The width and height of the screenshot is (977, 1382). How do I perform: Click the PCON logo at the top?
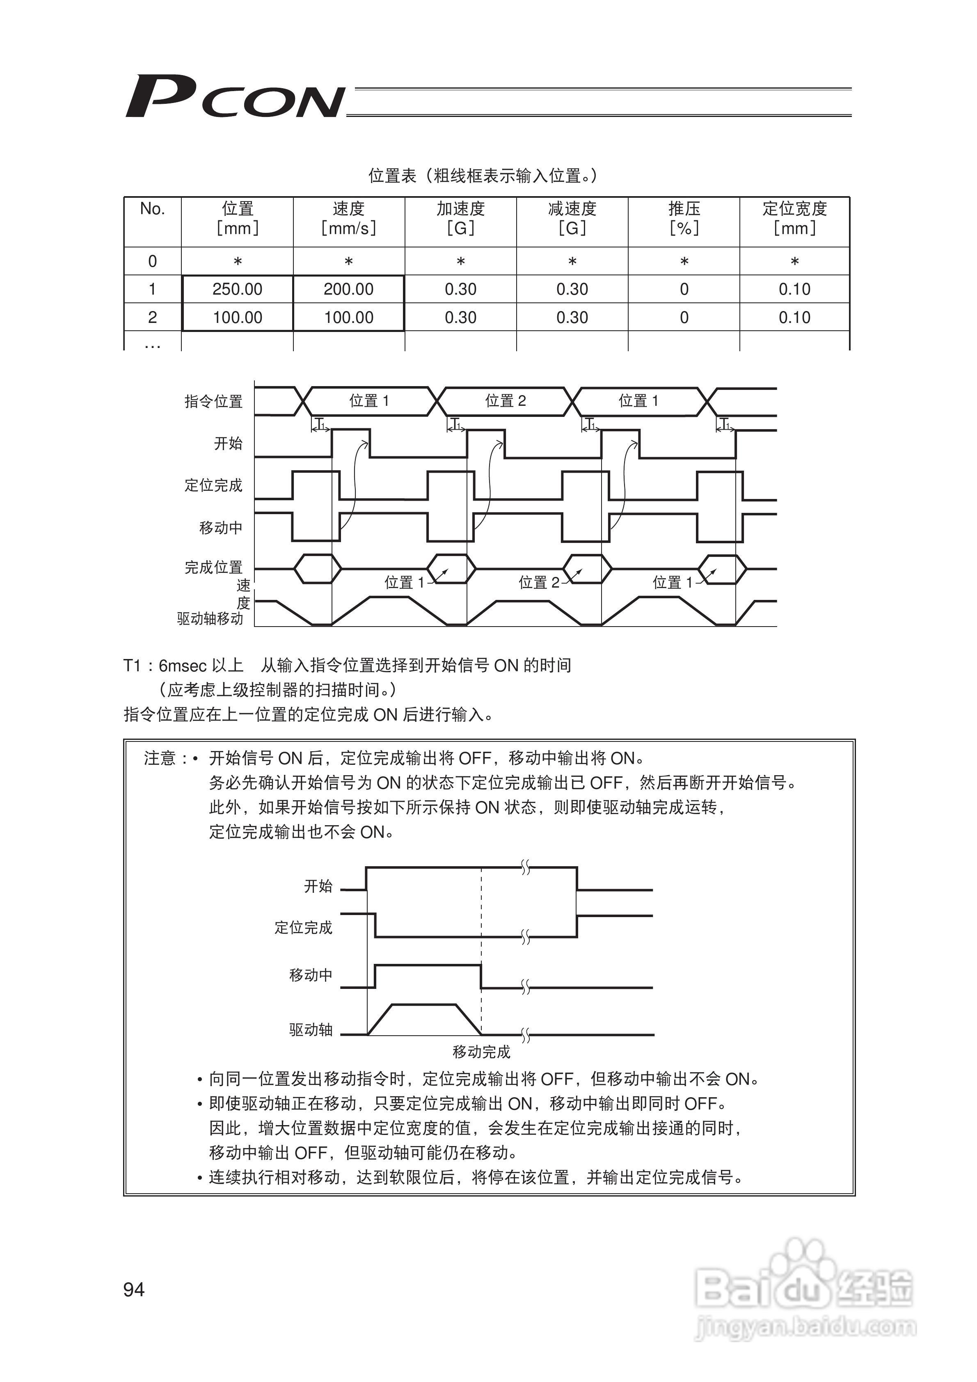(x=235, y=96)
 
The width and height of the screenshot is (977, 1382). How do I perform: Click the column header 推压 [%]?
(x=684, y=218)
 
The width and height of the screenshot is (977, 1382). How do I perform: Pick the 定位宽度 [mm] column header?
(x=794, y=218)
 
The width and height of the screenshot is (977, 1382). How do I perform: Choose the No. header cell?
(x=152, y=209)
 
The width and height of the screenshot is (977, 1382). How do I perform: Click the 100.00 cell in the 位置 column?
(x=237, y=317)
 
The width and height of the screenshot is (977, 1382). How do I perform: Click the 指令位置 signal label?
(x=214, y=401)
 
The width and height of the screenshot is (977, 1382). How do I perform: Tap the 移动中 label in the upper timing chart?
(x=221, y=528)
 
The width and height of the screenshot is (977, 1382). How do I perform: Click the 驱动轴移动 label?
(x=210, y=619)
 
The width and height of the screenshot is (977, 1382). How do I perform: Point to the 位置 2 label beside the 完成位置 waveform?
(x=539, y=582)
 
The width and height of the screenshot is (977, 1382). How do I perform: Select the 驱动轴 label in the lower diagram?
(x=311, y=1030)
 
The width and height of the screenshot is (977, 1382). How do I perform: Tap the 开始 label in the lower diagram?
(x=318, y=886)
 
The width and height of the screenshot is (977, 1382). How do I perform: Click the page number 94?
(x=134, y=1289)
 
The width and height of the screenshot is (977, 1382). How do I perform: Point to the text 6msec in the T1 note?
(x=183, y=666)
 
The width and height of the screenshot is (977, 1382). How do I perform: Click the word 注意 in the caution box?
(x=160, y=758)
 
